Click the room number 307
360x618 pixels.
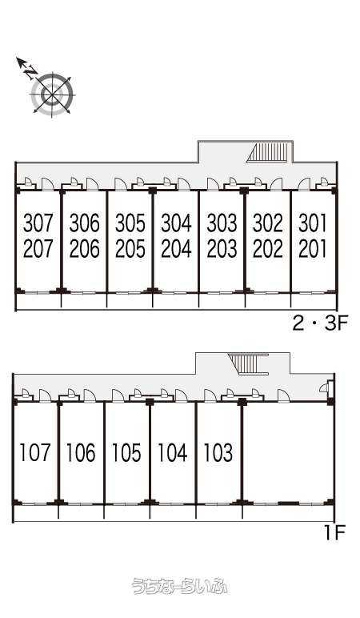[38, 223]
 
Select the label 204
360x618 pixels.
[176, 249]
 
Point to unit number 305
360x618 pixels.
[130, 223]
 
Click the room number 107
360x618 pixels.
[35, 452]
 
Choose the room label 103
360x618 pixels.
[218, 452]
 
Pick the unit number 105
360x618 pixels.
[126, 452]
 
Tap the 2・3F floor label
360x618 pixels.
[319, 324]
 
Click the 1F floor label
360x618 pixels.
[334, 534]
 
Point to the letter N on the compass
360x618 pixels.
[30, 71]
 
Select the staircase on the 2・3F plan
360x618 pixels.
[269, 153]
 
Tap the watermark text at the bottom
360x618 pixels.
[180, 586]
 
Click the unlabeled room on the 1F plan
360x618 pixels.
[286, 452]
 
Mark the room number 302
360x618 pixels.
[268, 223]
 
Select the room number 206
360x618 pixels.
[84, 249]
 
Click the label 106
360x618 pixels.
[81, 452]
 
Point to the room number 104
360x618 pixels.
[173, 452]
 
